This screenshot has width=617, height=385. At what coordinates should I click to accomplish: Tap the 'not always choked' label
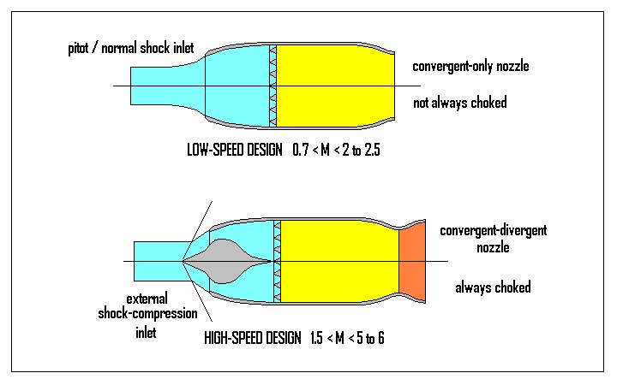(x=460, y=104)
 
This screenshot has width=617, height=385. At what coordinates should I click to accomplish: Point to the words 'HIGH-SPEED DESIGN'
(x=253, y=336)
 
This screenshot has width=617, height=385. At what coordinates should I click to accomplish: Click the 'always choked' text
(x=493, y=287)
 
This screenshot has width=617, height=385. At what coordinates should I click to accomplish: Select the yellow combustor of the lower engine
(x=339, y=260)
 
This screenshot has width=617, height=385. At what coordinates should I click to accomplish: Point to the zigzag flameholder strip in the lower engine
(x=277, y=260)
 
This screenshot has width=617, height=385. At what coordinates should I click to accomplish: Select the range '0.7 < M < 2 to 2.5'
(x=335, y=150)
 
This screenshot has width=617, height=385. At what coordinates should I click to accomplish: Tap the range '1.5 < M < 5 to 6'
(x=348, y=336)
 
